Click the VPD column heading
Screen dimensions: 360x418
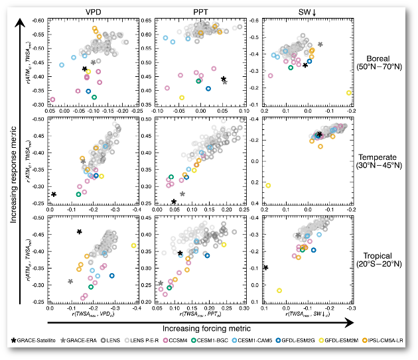coord(93,11)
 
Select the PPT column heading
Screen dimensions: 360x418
coord(201,11)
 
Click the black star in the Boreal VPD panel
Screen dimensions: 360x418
coord(84,69)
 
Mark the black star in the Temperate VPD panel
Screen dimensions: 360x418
coord(54,194)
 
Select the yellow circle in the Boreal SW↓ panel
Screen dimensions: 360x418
coord(349,93)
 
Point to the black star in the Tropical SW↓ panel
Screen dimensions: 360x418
coord(265,267)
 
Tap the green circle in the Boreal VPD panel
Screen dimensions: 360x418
coord(94,97)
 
